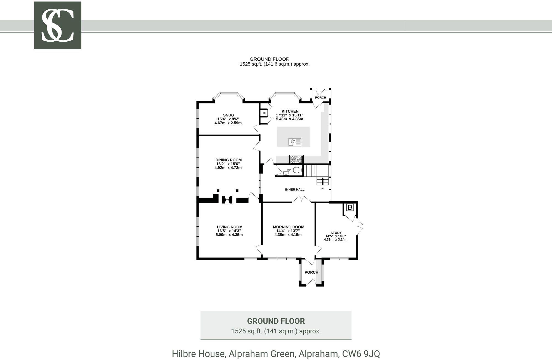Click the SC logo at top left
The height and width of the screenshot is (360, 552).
tap(57, 25)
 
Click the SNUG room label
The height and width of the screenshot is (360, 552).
tap(229, 115)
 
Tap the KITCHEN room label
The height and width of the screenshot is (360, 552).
tap(290, 111)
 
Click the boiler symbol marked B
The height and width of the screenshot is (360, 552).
tap(350, 207)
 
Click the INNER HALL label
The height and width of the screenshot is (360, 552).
tap(295, 190)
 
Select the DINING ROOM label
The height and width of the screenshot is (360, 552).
tap(229, 160)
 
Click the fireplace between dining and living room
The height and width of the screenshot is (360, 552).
tap(227, 199)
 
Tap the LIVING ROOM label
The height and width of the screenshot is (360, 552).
tap(230, 227)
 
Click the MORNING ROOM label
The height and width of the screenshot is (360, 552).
tap(288, 227)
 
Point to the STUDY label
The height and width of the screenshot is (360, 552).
tap(336, 233)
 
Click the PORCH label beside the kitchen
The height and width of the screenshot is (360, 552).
tap(320, 97)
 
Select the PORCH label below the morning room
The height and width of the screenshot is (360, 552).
tap(311, 272)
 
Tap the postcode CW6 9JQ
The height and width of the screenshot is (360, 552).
tap(361, 354)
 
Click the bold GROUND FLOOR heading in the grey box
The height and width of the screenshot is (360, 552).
tap(276, 321)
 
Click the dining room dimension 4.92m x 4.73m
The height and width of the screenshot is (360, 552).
tap(228, 168)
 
